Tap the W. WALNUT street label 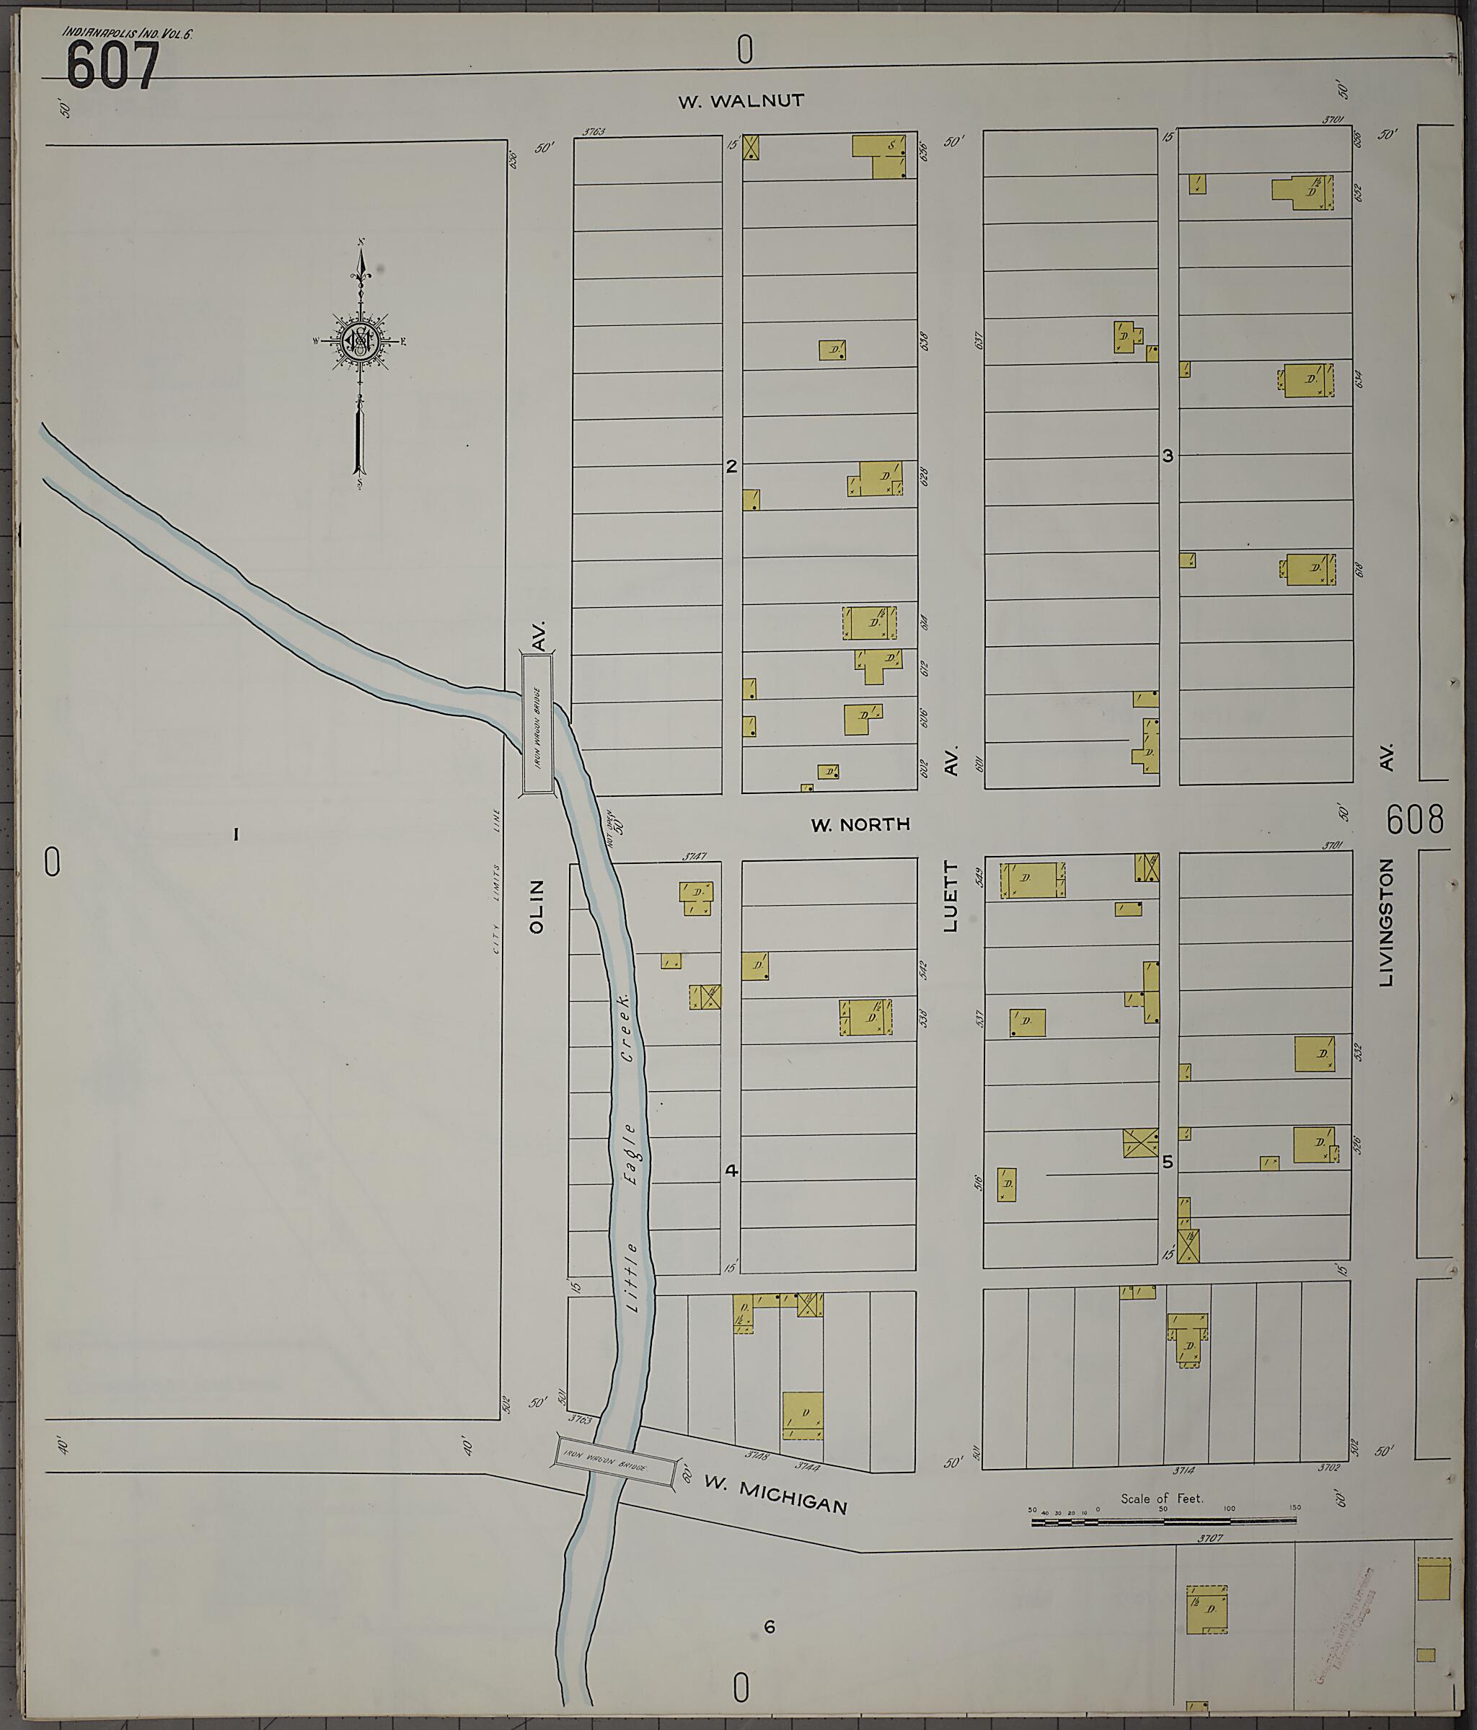tap(741, 101)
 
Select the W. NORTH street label tap(860, 825)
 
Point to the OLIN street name tap(536, 906)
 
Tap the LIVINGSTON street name tap(1387, 922)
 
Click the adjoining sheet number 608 tap(1414, 820)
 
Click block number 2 tap(731, 467)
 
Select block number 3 tap(1168, 456)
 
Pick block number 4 tap(731, 1170)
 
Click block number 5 tap(1168, 1162)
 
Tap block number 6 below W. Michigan tap(769, 1626)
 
